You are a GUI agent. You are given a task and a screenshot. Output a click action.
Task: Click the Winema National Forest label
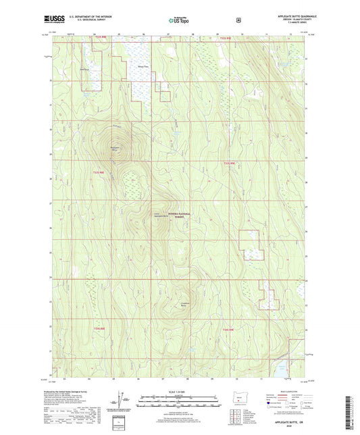coord(178,215)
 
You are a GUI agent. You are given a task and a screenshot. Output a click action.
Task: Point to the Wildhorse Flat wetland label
coord(143,66)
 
